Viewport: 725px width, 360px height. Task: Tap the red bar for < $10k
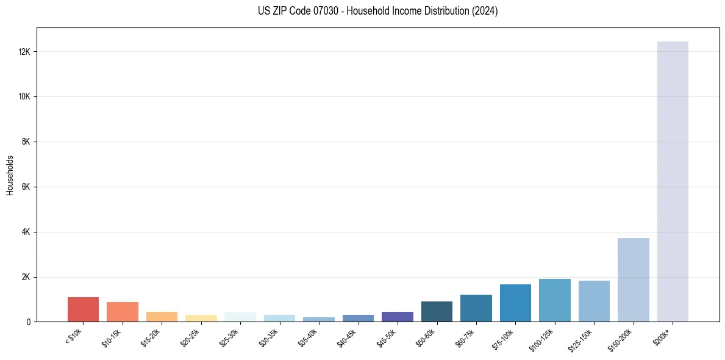83,309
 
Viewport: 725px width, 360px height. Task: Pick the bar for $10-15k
123,312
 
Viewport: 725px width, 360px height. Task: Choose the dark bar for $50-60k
437,311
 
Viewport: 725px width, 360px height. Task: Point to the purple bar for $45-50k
398,317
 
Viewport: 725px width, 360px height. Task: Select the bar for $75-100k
515,303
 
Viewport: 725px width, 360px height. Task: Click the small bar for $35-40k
319,319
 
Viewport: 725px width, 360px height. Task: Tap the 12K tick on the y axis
25,52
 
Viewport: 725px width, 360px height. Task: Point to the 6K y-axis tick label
26,187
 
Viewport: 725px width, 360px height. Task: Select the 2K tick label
26,277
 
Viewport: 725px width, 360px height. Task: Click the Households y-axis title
10,175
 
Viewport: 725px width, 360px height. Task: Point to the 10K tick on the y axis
25,97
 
